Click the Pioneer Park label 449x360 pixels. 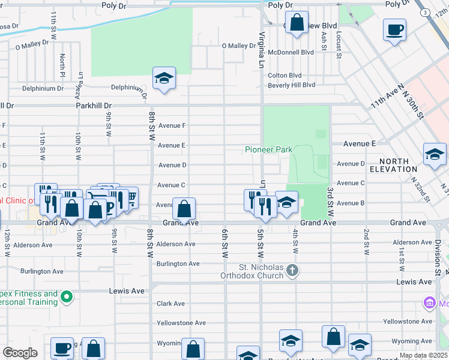[268, 149]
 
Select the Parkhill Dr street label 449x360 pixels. [94, 106]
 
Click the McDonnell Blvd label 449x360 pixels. [291, 52]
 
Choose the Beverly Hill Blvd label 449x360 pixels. [291, 85]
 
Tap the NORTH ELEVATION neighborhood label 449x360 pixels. [394, 166]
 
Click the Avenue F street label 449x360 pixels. [172, 125]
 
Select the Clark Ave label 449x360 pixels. [170, 304]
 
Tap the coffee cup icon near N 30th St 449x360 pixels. [394, 30]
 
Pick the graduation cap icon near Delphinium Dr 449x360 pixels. [164, 79]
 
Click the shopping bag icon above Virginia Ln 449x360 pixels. [297, 23]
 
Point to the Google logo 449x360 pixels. [20, 353]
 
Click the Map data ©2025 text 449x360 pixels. [423, 355]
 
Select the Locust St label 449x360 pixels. [339, 41]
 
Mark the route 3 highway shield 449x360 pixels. [425, 13]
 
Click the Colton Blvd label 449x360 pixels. [285, 76]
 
